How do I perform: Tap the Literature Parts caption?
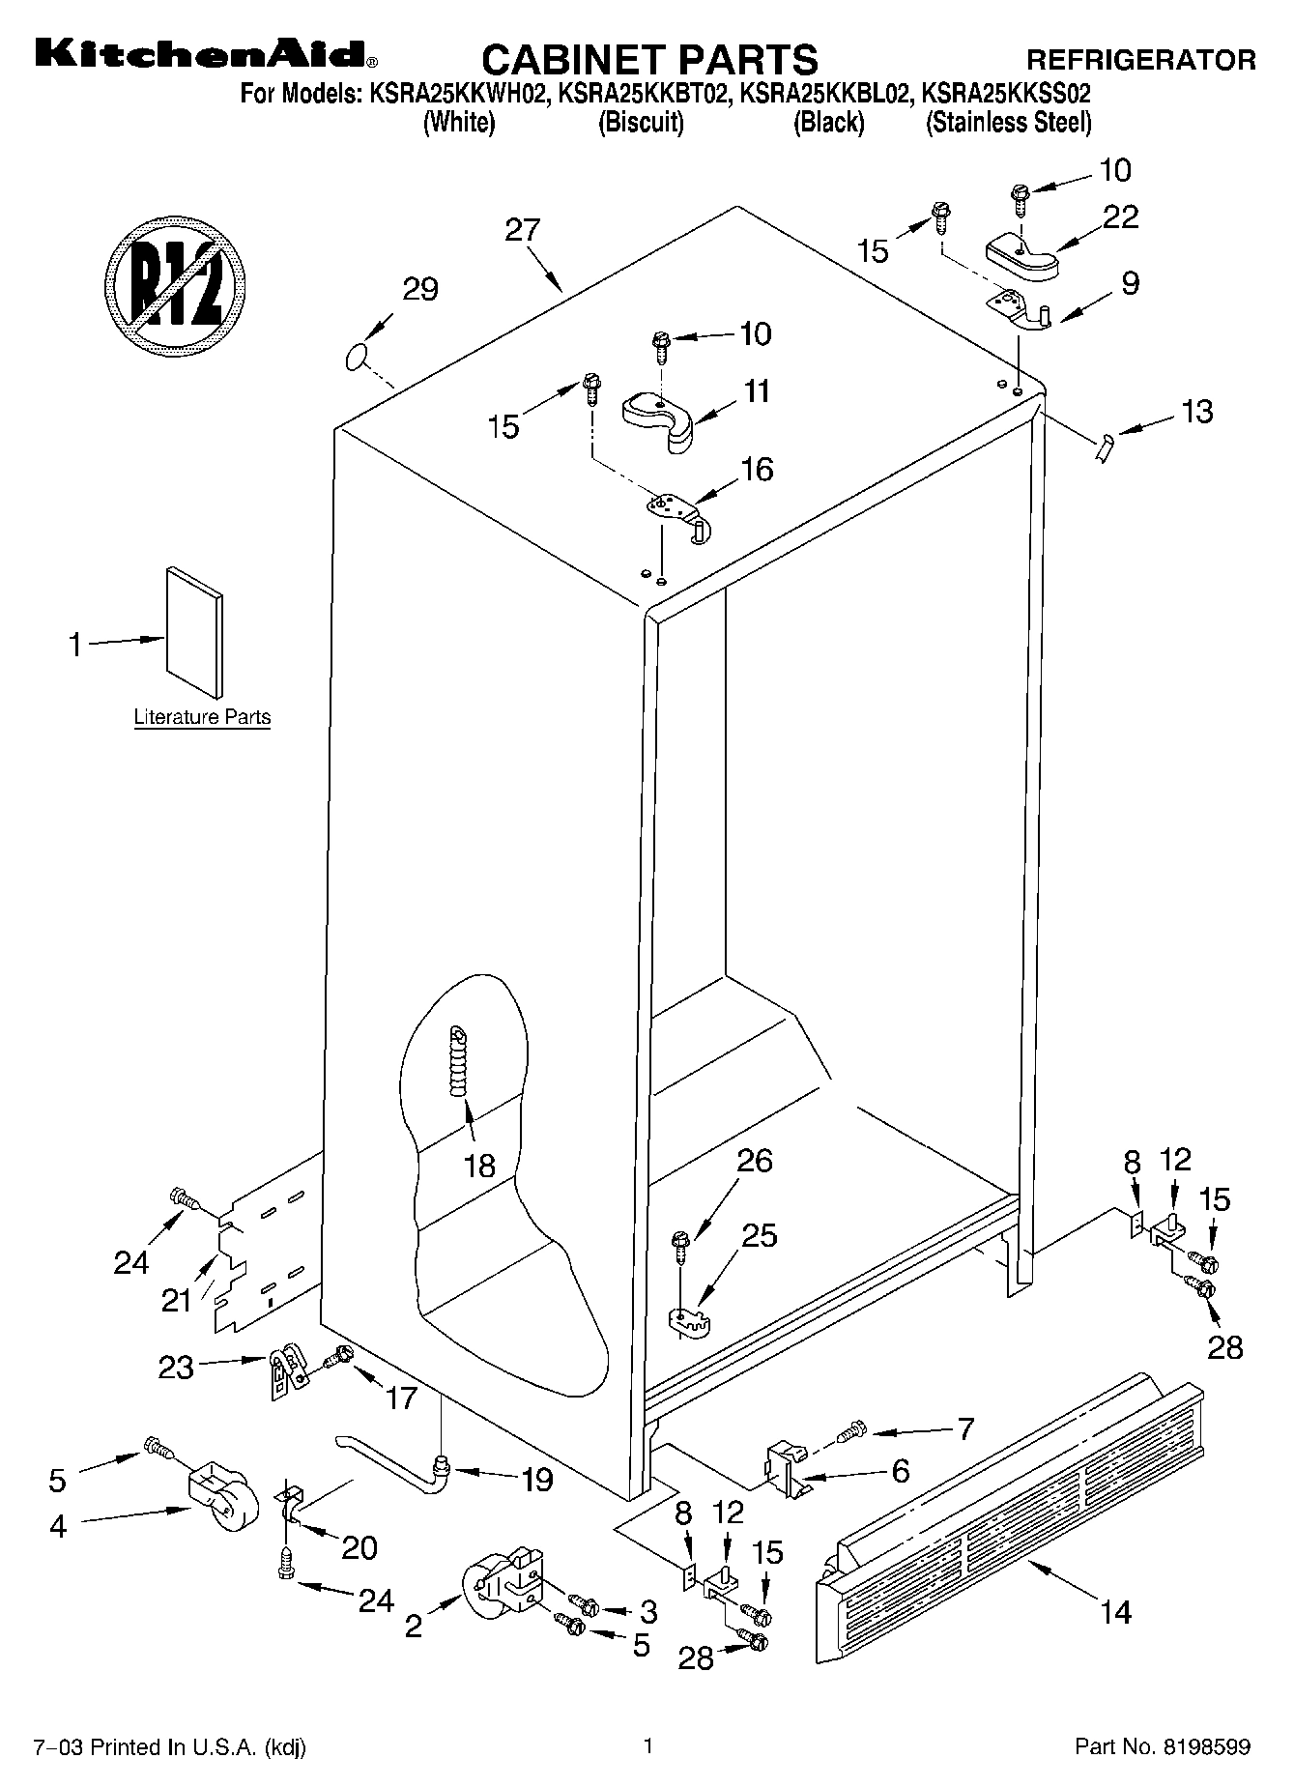pyautogui.click(x=202, y=717)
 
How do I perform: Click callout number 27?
pyautogui.click(x=523, y=230)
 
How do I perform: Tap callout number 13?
pyautogui.click(x=1196, y=411)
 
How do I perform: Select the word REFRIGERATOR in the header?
pyautogui.click(x=1141, y=60)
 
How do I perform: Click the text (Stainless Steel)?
pyautogui.click(x=1009, y=123)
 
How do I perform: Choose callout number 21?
pyautogui.click(x=176, y=1300)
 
